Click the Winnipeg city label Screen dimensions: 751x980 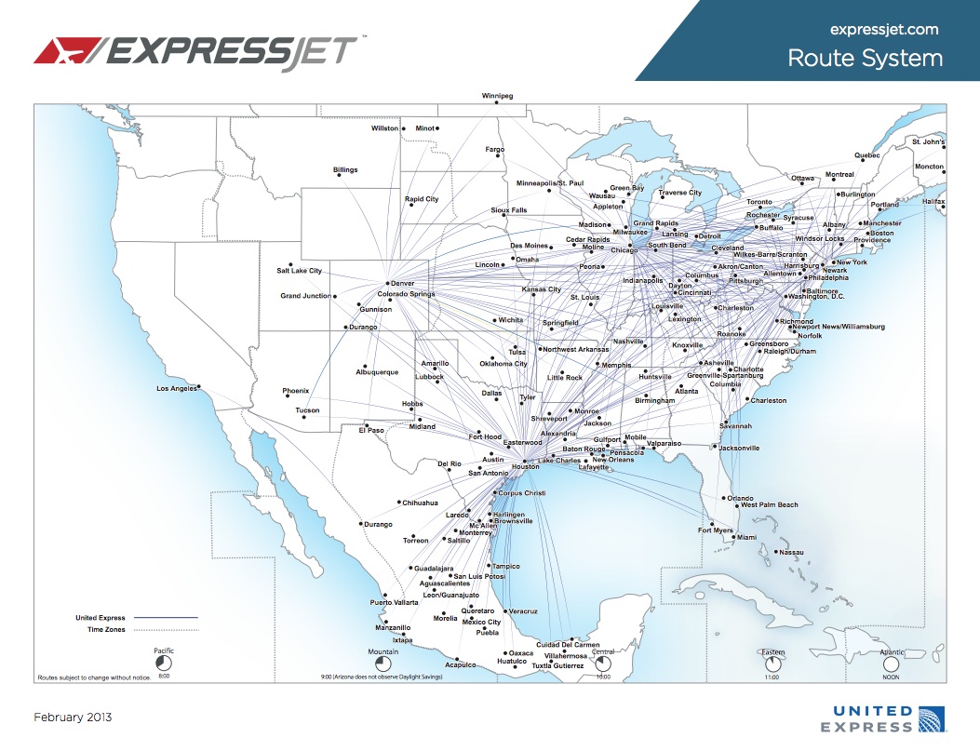[497, 96]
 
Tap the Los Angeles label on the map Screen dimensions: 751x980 [177, 388]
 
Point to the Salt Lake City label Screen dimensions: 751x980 [299, 271]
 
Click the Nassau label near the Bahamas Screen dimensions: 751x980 [791, 552]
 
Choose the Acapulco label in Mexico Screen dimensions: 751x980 [460, 664]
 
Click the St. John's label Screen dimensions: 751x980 [928, 142]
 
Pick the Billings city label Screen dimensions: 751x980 [345, 170]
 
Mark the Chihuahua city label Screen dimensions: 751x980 [420, 503]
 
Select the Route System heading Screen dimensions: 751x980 [865, 59]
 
